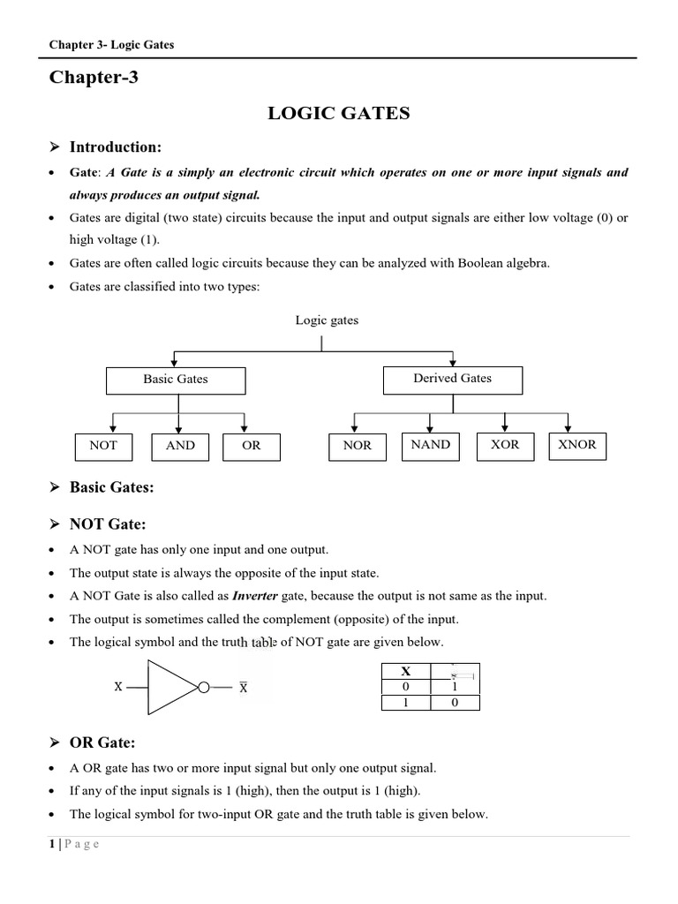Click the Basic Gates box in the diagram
[x=176, y=380]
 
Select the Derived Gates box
[x=452, y=379]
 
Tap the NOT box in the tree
[x=103, y=446]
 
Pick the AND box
[x=180, y=446]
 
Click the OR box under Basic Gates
[x=252, y=446]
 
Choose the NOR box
[x=357, y=446]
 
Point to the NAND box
[x=431, y=445]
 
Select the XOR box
[x=505, y=445]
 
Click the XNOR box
[x=577, y=445]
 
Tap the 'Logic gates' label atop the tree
[x=327, y=320]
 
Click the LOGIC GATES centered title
[x=339, y=114]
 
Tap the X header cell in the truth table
[x=405, y=671]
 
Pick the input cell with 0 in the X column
[x=405, y=687]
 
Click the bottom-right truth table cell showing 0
[x=455, y=703]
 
